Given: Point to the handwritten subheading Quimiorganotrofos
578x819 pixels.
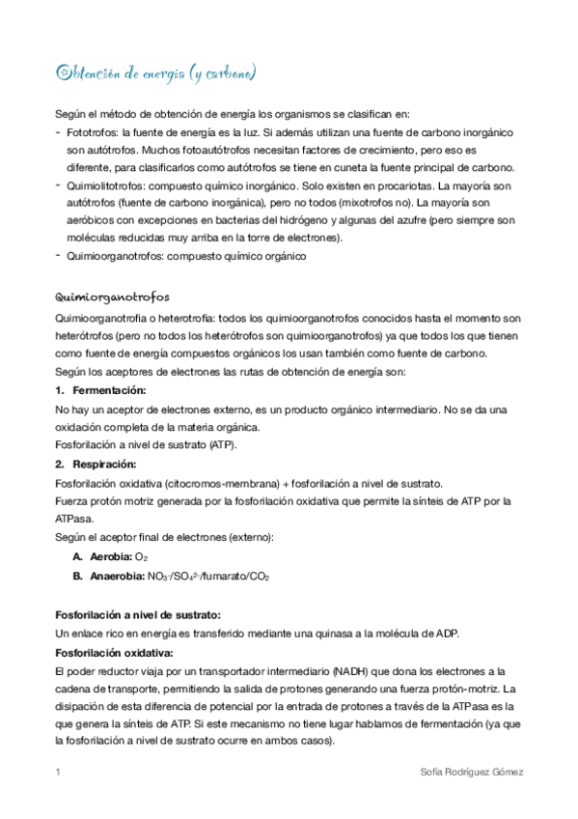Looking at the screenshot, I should [114, 298].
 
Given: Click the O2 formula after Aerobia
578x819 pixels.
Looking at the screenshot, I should [141, 558].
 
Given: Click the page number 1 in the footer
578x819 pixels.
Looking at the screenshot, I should [59, 773].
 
